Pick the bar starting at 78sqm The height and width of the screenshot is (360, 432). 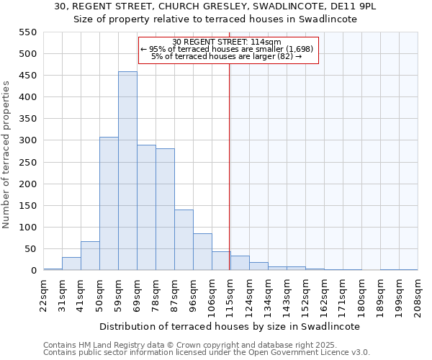tap(165, 210)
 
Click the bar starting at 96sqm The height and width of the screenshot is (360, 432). tap(202, 252)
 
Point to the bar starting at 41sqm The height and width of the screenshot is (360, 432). tap(90, 256)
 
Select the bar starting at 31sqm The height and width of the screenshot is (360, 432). tap(71, 264)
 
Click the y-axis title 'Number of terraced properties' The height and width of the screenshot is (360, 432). tap(7, 154)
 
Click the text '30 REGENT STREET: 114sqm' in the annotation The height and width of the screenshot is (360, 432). tap(228, 42)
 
